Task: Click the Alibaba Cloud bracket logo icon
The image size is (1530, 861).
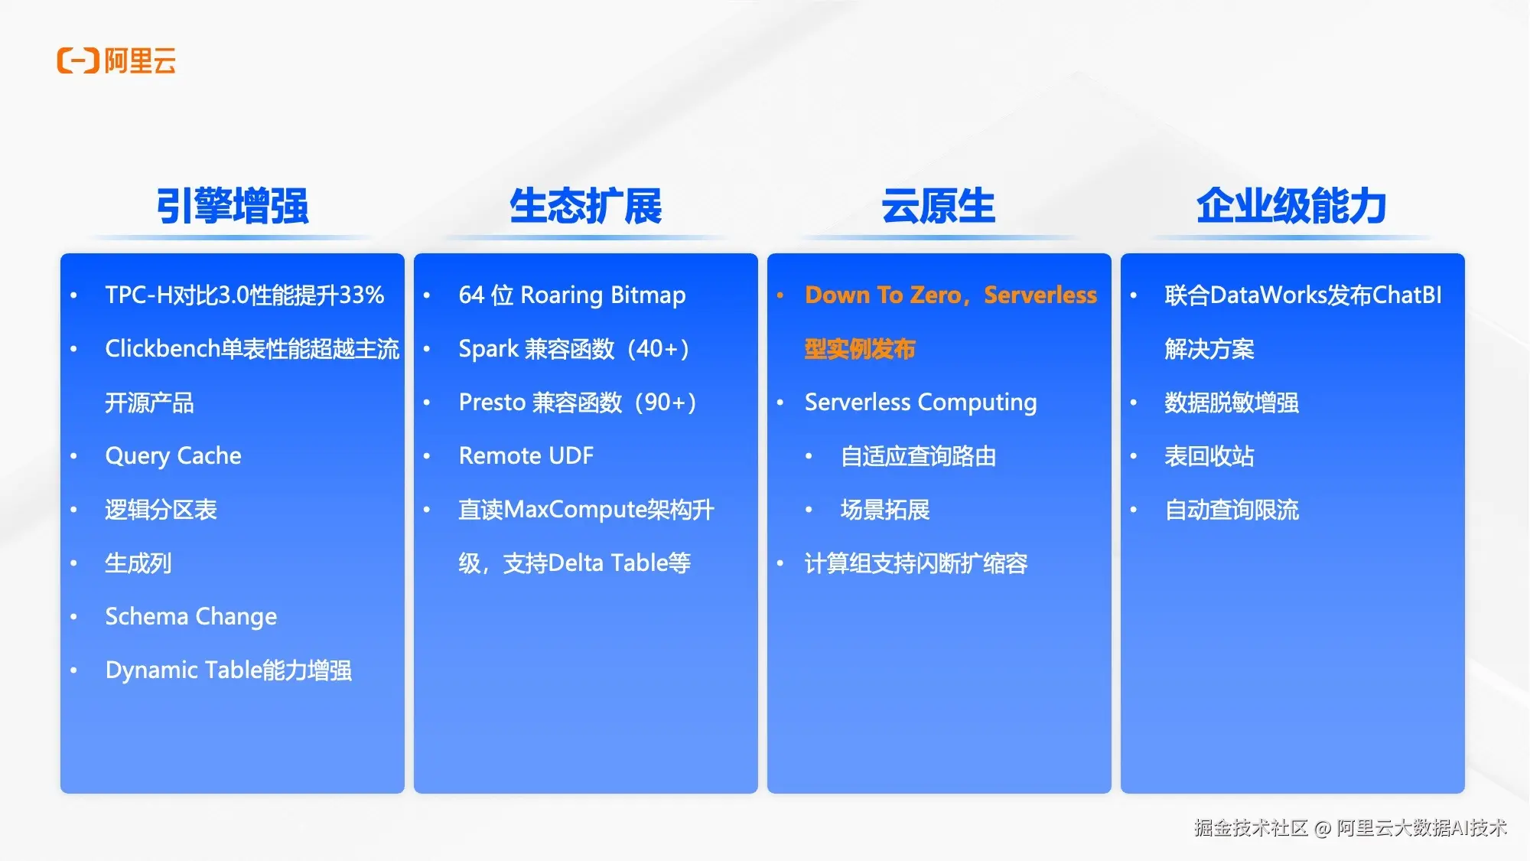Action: point(78,60)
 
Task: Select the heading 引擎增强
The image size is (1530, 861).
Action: point(233,206)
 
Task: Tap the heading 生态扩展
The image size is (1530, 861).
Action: point(586,206)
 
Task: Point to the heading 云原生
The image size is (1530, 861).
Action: point(939,206)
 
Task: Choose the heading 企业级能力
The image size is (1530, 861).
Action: point(1292,206)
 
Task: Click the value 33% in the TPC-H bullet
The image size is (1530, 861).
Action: point(361,295)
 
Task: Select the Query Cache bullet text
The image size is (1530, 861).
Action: point(174,456)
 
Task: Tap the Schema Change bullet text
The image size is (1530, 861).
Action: point(191,617)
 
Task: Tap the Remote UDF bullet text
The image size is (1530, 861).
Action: point(526,456)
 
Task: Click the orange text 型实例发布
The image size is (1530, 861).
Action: point(860,349)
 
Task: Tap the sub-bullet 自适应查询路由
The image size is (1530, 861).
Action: point(918,456)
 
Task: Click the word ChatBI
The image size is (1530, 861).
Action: point(1407,295)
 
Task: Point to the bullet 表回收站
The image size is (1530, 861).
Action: point(1209,456)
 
